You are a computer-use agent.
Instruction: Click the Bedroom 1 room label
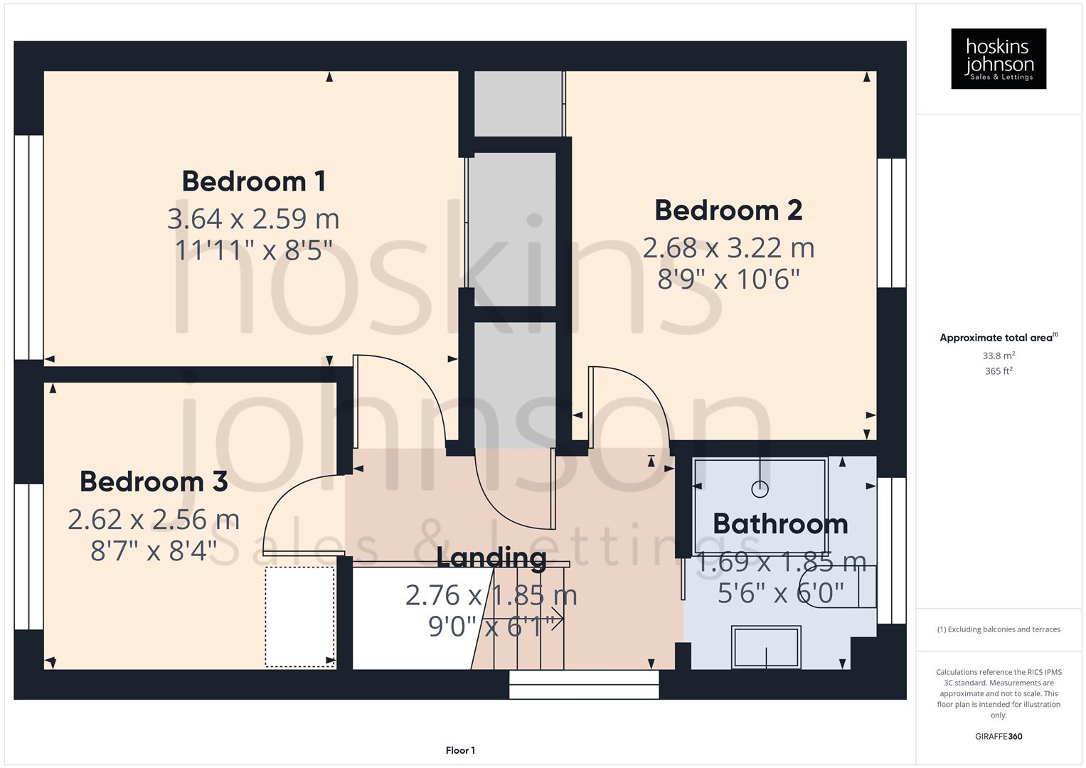(254, 181)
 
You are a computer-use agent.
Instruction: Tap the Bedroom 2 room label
(728, 210)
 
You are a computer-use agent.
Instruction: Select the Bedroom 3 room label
(154, 482)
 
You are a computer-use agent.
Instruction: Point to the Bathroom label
(780, 525)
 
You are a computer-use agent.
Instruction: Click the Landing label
(491, 558)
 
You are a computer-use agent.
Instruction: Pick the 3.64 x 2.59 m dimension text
(253, 219)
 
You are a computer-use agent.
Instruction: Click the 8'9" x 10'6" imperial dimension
(728, 279)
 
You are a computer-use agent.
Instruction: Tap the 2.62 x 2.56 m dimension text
(154, 520)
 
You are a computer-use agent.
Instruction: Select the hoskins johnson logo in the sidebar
(999, 59)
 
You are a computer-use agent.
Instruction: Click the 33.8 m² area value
(999, 356)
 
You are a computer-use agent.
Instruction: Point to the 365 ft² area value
(999, 371)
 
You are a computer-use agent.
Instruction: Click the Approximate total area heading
(998, 338)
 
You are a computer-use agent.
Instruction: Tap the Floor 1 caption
(460, 750)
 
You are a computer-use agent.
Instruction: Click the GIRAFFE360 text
(999, 736)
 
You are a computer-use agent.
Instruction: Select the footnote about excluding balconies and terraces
(999, 629)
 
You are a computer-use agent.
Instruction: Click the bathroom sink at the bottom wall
(766, 646)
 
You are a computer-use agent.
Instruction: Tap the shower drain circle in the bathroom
(760, 489)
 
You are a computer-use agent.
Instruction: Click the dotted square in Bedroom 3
(299, 617)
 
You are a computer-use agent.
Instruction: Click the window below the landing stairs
(584, 685)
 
